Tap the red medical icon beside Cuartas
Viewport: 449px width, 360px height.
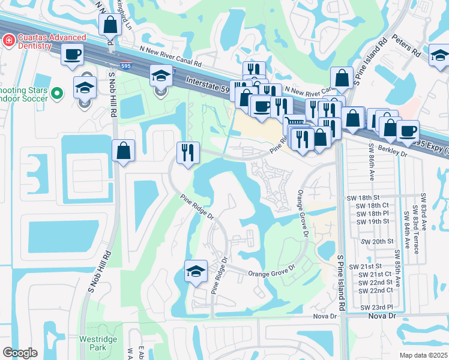8,40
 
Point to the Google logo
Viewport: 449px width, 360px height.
20,353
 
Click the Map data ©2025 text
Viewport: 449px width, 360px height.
423,355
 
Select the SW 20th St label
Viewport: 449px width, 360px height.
377,241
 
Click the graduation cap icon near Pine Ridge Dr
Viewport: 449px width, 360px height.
196,272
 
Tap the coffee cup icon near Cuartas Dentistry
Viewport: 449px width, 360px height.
73,54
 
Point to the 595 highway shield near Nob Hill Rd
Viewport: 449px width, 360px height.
125,67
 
